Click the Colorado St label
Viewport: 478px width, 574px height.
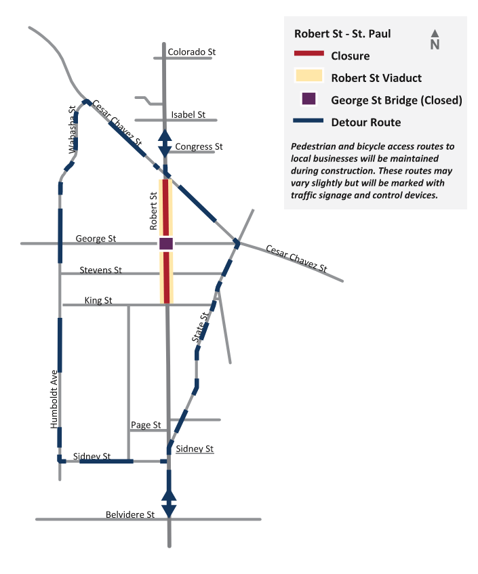coord(192,52)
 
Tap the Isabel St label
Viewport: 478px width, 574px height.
coord(188,115)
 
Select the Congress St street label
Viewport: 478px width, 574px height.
coord(199,146)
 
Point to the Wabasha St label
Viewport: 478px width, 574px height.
coord(73,129)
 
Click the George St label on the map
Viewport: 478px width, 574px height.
coord(96,239)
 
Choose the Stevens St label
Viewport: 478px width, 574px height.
coord(101,270)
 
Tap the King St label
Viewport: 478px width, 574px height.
coord(98,300)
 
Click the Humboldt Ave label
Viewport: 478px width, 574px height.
coord(54,399)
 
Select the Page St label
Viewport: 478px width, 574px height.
coord(146,425)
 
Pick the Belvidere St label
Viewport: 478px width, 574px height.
coord(130,514)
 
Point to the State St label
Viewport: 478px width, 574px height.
coord(201,327)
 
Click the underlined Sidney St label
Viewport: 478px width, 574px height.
coord(195,449)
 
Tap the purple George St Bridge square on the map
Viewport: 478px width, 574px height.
coord(166,243)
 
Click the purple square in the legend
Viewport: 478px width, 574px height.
coord(308,99)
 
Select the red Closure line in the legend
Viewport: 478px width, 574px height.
coord(309,54)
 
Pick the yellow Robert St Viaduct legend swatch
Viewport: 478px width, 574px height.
coord(308,75)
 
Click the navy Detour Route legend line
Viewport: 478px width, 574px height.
coord(308,121)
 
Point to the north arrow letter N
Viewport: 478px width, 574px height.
coord(435,45)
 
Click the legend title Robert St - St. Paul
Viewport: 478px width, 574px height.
coord(342,34)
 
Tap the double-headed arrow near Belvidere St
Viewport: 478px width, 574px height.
coord(169,504)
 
